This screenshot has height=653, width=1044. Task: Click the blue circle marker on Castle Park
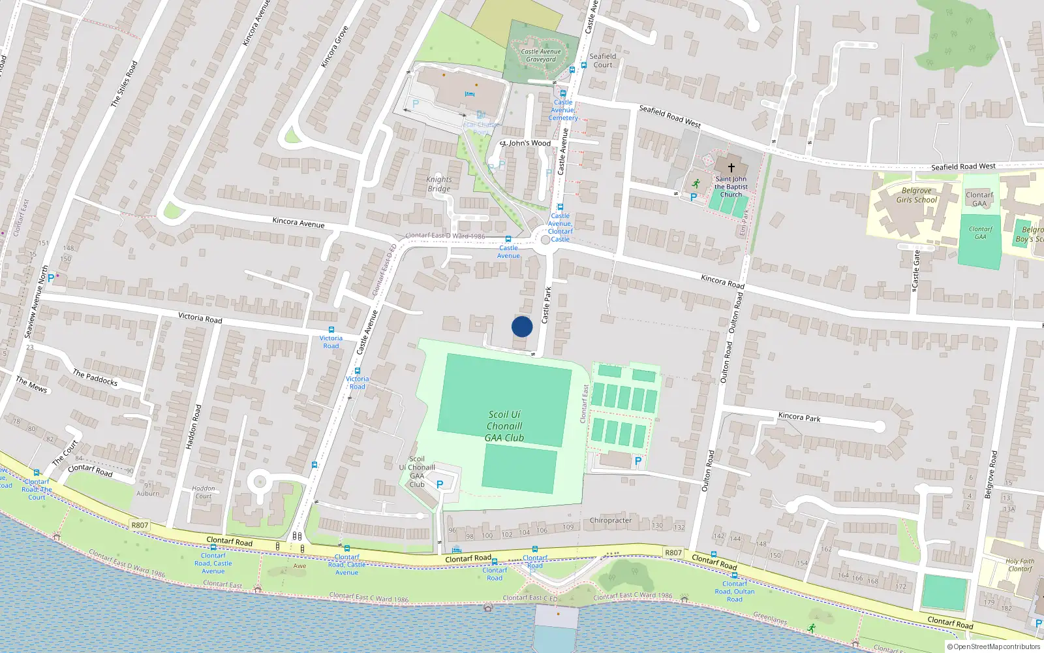(522, 326)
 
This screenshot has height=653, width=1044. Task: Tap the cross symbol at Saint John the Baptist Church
(731, 168)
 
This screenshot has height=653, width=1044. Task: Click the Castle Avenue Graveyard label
(541, 56)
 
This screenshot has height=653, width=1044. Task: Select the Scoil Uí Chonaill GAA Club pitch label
(504, 426)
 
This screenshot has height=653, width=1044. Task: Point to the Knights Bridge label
(439, 184)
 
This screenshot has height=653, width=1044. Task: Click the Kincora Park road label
(799, 417)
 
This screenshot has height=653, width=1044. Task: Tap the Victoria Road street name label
(200, 318)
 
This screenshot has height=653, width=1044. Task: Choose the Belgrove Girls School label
(916, 195)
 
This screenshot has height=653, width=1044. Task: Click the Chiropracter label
(610, 520)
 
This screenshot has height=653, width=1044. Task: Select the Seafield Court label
(602, 60)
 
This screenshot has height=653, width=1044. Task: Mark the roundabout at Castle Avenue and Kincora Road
(545, 240)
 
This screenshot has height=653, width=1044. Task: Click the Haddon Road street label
(193, 427)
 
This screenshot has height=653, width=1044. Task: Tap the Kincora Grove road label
(335, 47)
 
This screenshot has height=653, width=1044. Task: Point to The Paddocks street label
(95, 377)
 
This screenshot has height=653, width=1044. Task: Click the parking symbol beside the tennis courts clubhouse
(638, 461)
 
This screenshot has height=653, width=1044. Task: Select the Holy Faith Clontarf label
(1019, 565)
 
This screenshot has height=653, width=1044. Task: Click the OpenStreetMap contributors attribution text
(994, 646)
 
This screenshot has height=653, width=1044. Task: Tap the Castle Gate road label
(916, 270)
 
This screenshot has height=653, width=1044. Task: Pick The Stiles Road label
(124, 84)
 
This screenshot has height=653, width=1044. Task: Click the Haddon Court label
(204, 492)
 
